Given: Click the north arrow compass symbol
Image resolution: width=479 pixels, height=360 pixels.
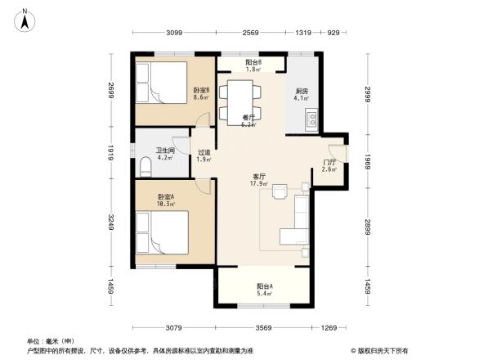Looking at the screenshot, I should [27, 19].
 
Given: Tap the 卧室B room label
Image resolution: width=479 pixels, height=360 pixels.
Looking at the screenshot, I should [201, 90].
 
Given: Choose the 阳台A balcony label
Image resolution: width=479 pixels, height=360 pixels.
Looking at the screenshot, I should [264, 287].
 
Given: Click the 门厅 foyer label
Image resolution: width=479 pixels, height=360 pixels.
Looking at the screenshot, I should [329, 164].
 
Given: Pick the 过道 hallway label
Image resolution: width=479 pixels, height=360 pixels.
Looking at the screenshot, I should [204, 153].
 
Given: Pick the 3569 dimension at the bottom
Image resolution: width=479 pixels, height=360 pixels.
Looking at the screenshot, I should [262, 328].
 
